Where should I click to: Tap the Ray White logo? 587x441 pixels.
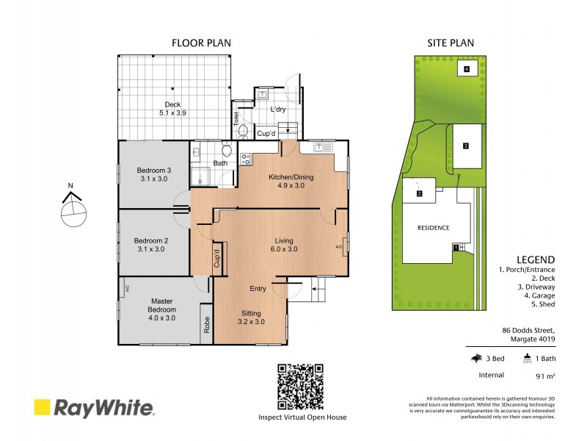point(93,408)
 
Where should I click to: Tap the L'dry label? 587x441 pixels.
point(277,110)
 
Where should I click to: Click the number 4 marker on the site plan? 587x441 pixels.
point(466,69)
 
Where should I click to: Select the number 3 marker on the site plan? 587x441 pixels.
point(465,146)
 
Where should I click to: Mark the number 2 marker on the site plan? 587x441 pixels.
point(419,194)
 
